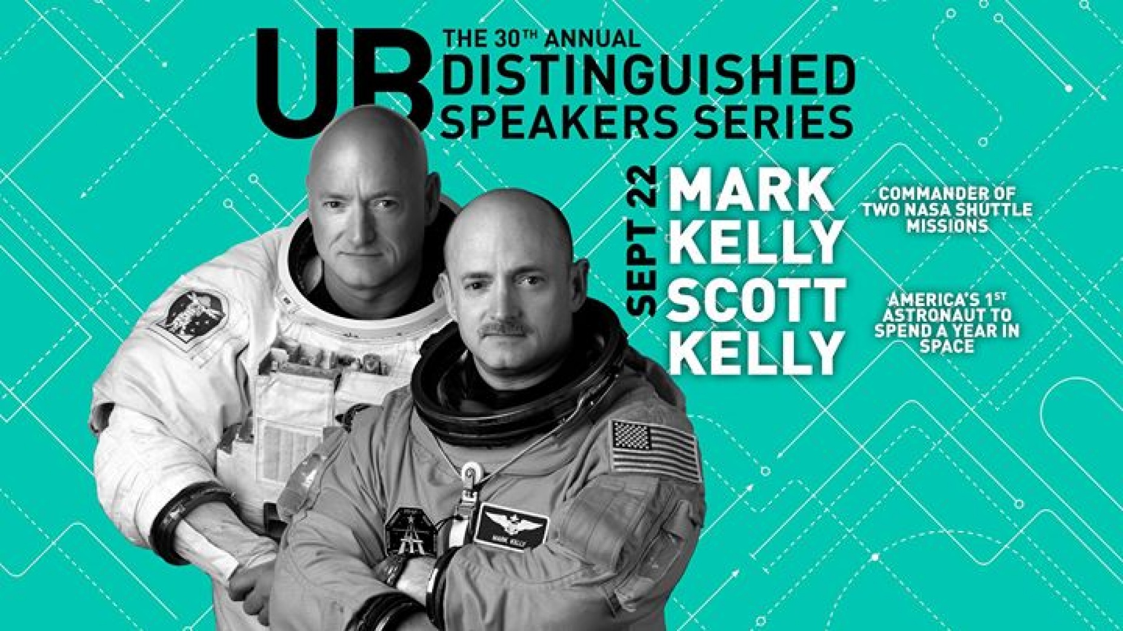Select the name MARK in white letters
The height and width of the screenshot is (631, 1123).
(751, 192)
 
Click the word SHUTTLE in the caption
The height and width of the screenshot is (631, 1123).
(998, 210)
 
